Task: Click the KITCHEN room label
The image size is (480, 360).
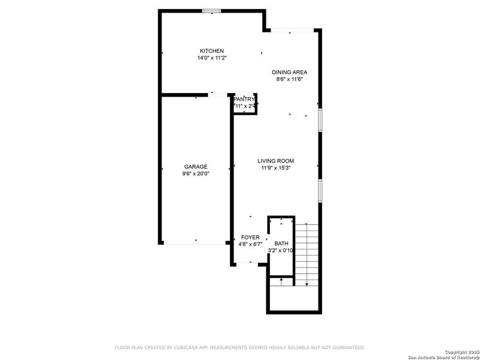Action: (x=212, y=51)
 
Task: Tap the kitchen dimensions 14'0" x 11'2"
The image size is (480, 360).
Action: (x=212, y=58)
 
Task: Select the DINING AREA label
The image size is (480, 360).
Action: (x=289, y=72)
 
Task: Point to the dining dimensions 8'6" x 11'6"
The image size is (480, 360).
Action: (x=289, y=79)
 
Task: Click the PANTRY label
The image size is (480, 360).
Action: (x=244, y=99)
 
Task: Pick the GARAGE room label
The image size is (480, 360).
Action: (x=196, y=167)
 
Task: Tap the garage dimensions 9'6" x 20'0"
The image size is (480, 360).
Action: (x=196, y=174)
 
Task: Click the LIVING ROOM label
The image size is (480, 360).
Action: (x=275, y=161)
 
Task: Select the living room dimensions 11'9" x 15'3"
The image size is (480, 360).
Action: (x=275, y=168)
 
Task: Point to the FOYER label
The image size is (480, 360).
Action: (x=250, y=238)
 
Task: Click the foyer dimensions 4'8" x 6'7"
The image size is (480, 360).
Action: (x=250, y=244)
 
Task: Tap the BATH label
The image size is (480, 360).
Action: (x=281, y=244)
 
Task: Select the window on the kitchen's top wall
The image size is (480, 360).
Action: (x=211, y=10)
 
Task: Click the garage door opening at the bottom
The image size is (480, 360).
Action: (x=194, y=242)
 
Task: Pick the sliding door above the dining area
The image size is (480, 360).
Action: (x=292, y=30)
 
